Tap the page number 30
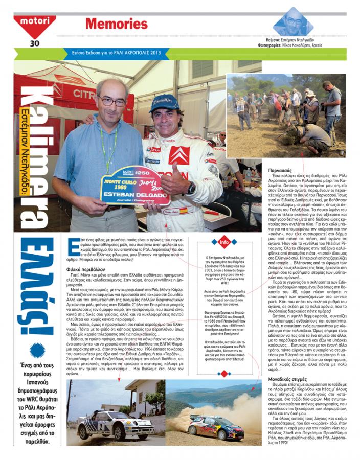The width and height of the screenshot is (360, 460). point(34,43)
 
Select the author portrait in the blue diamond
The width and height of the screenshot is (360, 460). point(292,22)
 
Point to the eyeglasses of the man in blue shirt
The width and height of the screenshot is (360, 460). point(112,101)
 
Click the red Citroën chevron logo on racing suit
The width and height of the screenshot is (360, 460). point(179,155)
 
